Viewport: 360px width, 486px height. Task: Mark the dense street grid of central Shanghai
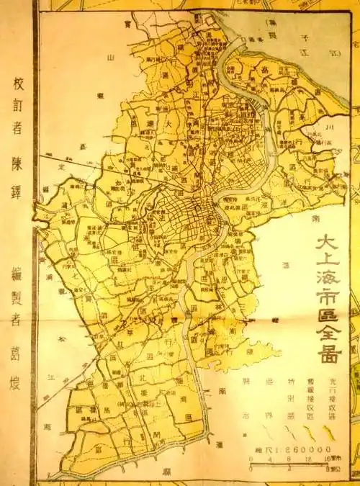[x=180, y=212]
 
